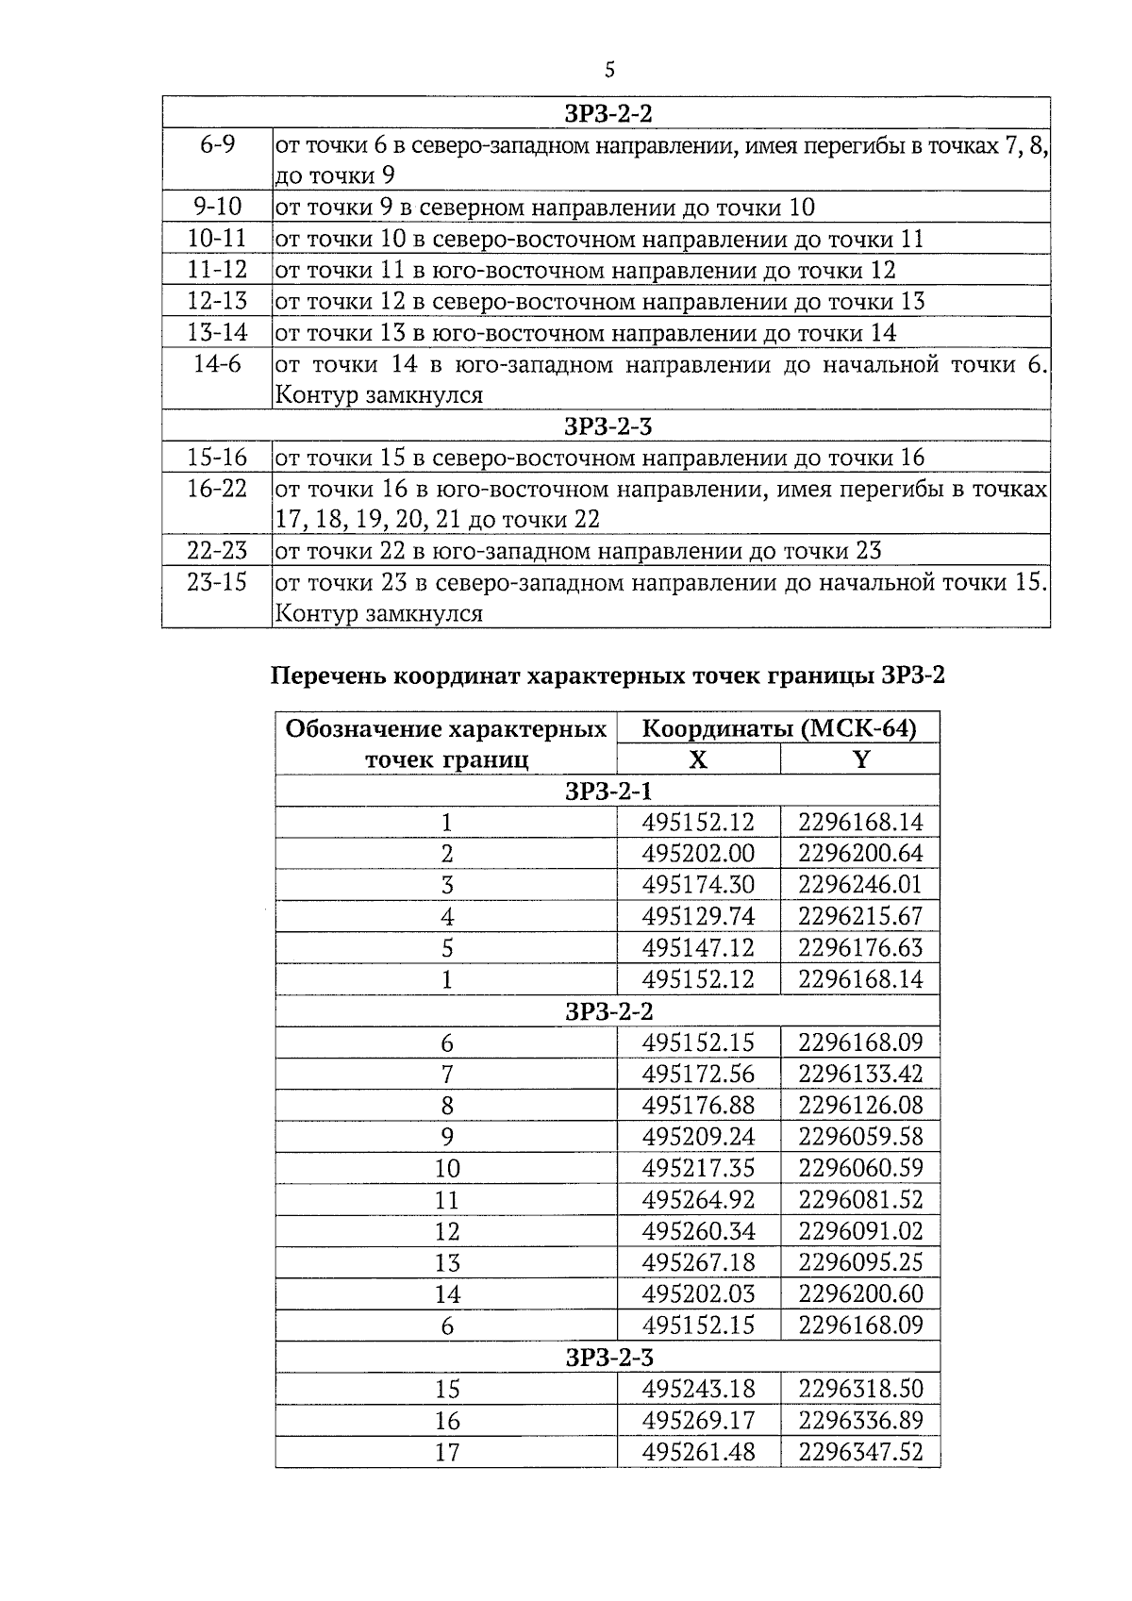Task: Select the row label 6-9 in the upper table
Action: click(x=217, y=145)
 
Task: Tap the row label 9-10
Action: click(x=217, y=208)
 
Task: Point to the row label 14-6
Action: click(x=217, y=364)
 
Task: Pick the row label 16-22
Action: click(x=217, y=489)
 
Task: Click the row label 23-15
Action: click(x=217, y=582)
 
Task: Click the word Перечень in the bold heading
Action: click(x=328, y=676)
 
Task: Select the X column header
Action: click(x=698, y=759)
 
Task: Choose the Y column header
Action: click(x=860, y=759)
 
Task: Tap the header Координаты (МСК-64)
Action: click(x=778, y=729)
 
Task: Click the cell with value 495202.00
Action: click(x=698, y=854)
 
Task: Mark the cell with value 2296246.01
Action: click(x=860, y=885)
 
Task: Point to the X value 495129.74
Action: click(x=698, y=916)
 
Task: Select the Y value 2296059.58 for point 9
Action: click(x=860, y=1137)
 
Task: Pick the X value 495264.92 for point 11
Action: click(x=698, y=1200)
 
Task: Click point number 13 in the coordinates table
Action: click(x=446, y=1262)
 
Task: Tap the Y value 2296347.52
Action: click(x=860, y=1452)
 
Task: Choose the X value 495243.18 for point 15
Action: click(x=698, y=1389)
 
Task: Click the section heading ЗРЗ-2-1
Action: click(x=608, y=791)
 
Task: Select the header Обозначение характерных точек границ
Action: click(x=446, y=744)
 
